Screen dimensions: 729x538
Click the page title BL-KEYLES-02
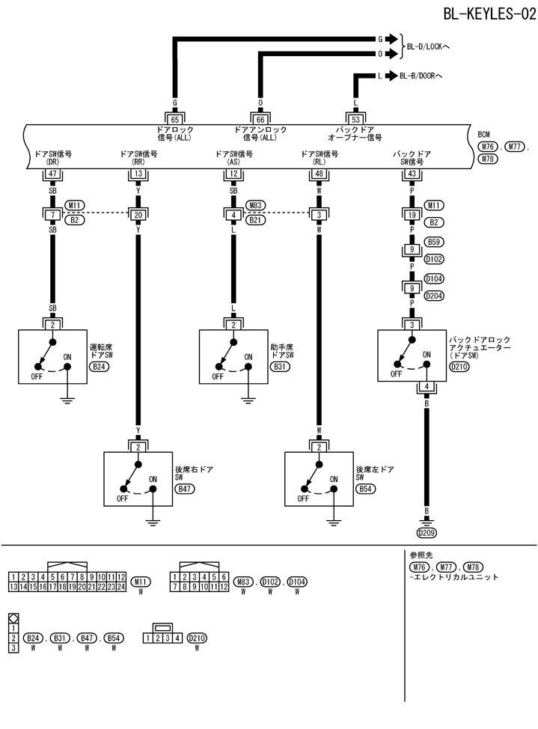[489, 13]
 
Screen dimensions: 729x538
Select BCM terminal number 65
[175, 118]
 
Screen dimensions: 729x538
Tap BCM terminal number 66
[260, 118]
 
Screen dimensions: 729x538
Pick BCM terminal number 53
[355, 118]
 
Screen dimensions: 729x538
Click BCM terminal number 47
[52, 174]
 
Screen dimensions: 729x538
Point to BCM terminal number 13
[138, 174]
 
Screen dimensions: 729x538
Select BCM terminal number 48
[319, 174]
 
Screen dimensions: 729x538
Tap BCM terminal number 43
[412, 174]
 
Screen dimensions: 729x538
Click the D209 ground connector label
[427, 533]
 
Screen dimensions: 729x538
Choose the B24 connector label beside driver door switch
[98, 367]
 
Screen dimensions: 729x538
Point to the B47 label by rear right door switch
[184, 488]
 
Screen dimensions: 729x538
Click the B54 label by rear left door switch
[365, 488]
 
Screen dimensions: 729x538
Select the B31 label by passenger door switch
[279, 367]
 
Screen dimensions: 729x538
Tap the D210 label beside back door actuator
[458, 367]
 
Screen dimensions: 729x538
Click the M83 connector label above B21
[256, 205]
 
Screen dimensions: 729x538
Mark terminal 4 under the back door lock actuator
[426, 387]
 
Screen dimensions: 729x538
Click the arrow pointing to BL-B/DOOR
[391, 76]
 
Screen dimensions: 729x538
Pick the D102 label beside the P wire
[434, 259]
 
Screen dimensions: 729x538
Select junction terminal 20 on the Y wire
[138, 216]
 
